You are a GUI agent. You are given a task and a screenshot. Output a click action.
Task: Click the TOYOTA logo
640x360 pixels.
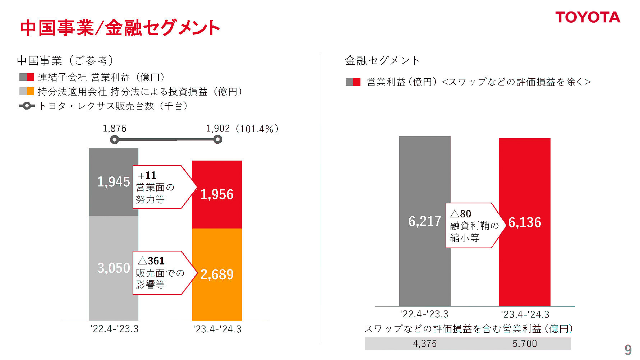pyautogui.click(x=588, y=17)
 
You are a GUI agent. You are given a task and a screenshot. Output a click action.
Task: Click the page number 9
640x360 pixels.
pyautogui.click(x=628, y=350)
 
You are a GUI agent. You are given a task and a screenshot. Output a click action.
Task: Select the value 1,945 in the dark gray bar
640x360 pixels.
pyautogui.click(x=114, y=182)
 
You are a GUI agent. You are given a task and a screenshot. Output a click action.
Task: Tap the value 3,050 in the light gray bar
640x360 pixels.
pyautogui.click(x=114, y=268)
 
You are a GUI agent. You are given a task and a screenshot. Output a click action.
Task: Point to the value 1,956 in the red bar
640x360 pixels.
pyautogui.click(x=217, y=194)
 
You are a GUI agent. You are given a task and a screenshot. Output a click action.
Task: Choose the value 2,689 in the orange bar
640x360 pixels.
pyautogui.click(x=217, y=274)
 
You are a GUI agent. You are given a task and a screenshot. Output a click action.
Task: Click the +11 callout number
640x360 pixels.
pyautogui.click(x=147, y=175)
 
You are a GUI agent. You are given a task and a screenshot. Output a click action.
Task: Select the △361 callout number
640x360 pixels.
pyautogui.click(x=151, y=261)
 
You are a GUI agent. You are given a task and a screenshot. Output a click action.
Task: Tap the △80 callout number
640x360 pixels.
pyautogui.click(x=461, y=214)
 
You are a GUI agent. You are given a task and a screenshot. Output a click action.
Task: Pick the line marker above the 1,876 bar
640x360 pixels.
pyautogui.click(x=114, y=139)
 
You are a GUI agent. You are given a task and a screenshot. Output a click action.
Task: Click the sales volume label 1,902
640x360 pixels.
pyautogui.click(x=218, y=129)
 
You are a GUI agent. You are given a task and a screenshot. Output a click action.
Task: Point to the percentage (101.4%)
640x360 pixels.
pyautogui.click(x=257, y=129)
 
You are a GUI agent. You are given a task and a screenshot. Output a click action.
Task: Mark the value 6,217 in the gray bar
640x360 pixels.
pyautogui.click(x=424, y=221)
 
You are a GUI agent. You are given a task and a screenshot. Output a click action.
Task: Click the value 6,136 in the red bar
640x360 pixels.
pyautogui.click(x=525, y=223)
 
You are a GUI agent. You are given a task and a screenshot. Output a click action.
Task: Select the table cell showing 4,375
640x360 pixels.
pyautogui.click(x=425, y=344)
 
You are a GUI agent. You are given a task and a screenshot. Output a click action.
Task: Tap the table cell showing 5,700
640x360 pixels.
pyautogui.click(x=525, y=344)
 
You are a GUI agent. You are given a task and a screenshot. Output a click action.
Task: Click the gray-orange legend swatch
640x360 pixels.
pyautogui.click(x=27, y=92)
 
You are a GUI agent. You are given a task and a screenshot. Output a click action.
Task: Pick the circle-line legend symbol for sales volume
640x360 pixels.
pyautogui.click(x=27, y=106)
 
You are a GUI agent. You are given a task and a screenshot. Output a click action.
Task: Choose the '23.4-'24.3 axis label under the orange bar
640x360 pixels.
pyautogui.click(x=217, y=329)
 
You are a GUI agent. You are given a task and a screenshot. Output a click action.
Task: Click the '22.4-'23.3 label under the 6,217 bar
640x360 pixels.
pyautogui.click(x=424, y=314)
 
